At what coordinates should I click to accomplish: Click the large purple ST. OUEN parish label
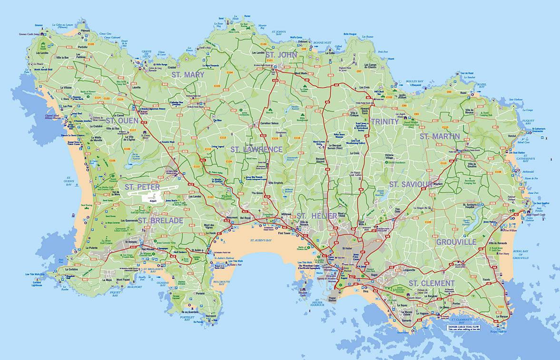121,120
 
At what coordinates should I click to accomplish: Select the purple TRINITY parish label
384,121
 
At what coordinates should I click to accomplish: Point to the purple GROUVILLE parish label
456,242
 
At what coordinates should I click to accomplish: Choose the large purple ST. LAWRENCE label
256,149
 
